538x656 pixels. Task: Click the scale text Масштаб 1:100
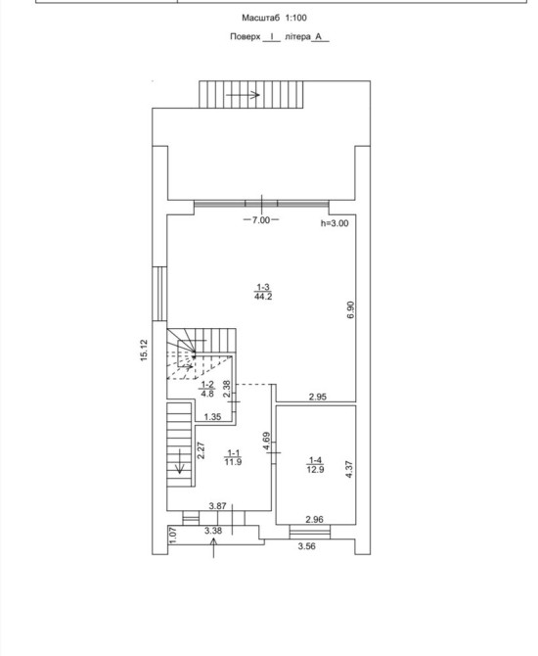274,18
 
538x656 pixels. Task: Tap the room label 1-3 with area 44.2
263,292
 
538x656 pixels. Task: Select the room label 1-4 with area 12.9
315,465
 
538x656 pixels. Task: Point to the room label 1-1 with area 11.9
233,457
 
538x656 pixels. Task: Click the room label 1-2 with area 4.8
207,389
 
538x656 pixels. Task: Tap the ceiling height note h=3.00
335,223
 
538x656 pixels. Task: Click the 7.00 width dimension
261,220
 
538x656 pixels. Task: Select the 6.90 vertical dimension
350,309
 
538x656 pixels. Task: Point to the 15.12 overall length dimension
144,351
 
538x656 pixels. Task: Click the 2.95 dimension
318,397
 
